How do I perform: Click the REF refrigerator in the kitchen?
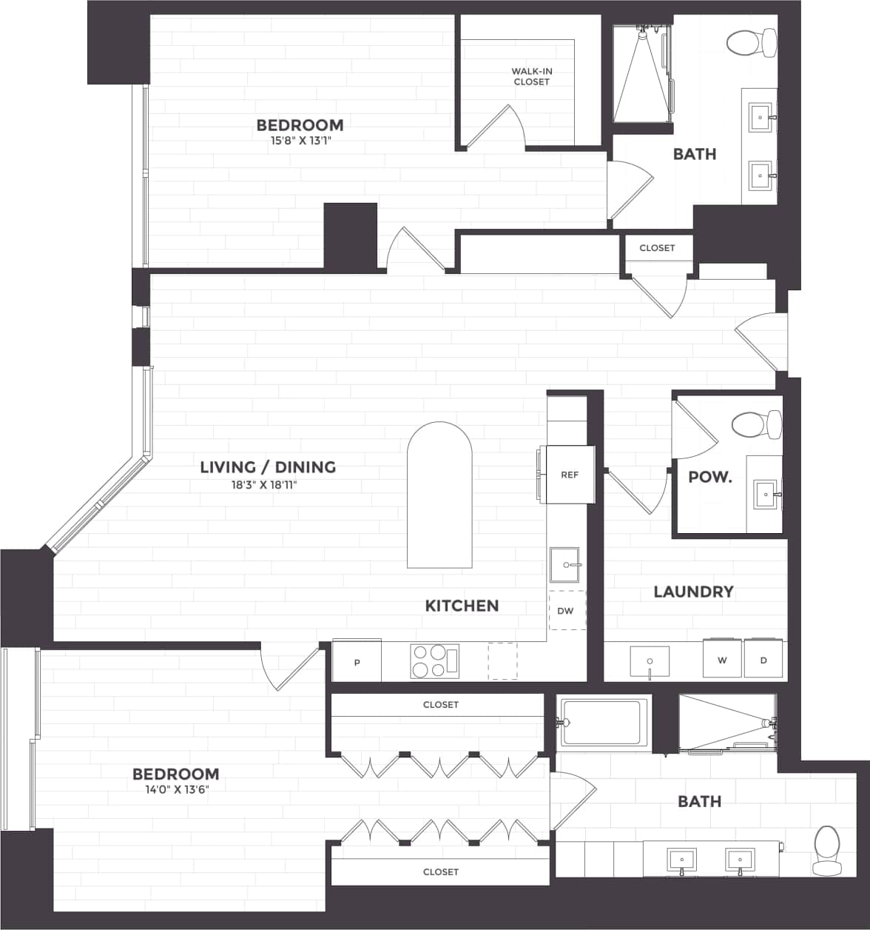(x=568, y=475)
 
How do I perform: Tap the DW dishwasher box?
(x=566, y=610)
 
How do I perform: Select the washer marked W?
(x=722, y=658)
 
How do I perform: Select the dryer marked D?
(x=763, y=658)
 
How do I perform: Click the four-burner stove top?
(x=434, y=660)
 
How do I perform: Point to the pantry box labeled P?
(x=357, y=660)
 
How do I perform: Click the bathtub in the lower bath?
(x=603, y=722)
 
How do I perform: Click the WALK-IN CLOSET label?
(x=532, y=76)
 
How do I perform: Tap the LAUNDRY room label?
(x=693, y=592)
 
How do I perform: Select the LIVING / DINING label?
(x=268, y=467)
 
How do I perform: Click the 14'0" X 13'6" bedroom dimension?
(x=176, y=789)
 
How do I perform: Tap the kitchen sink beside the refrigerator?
(x=567, y=566)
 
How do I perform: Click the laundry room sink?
(x=650, y=660)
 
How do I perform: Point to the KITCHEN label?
(x=462, y=606)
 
